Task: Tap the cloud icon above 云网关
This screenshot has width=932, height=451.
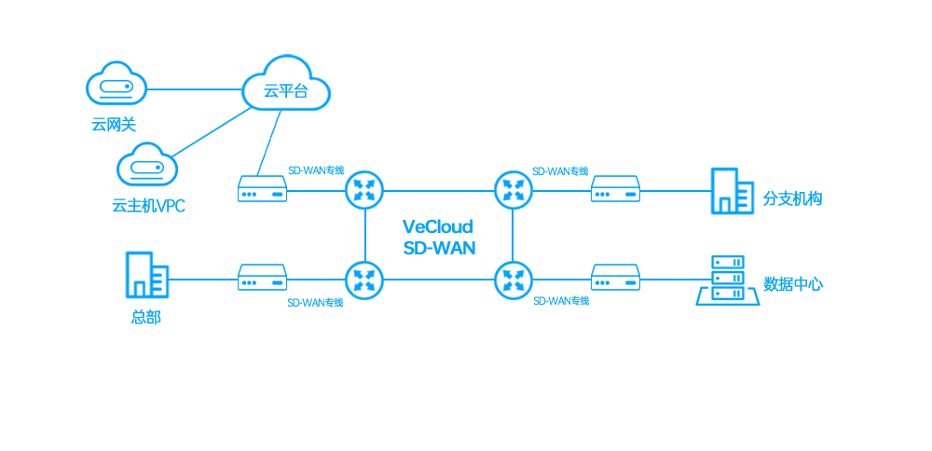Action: click(x=116, y=83)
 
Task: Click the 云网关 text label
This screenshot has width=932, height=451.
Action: click(x=114, y=125)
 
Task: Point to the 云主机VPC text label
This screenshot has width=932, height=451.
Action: click(x=148, y=206)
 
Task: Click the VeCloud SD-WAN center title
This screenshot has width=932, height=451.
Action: click(x=439, y=237)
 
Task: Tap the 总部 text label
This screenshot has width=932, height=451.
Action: click(x=145, y=318)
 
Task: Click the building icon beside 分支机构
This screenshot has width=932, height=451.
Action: click(x=733, y=191)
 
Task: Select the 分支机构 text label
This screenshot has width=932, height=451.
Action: click(x=792, y=199)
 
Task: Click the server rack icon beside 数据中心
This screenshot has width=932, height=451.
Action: click(x=728, y=280)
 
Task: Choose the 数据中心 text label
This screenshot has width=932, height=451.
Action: click(x=793, y=284)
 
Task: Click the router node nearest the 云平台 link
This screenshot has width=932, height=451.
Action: click(x=364, y=191)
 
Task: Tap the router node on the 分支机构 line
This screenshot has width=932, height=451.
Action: click(x=513, y=191)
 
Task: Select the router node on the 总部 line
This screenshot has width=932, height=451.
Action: click(x=364, y=280)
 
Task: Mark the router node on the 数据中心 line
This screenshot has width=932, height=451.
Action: click(x=513, y=280)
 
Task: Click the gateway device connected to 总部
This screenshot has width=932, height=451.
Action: click(x=262, y=278)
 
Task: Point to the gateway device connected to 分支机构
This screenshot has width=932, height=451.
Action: click(x=615, y=189)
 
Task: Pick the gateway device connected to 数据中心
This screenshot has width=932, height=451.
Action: click(x=615, y=278)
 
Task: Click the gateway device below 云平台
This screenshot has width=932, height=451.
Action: click(x=262, y=189)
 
